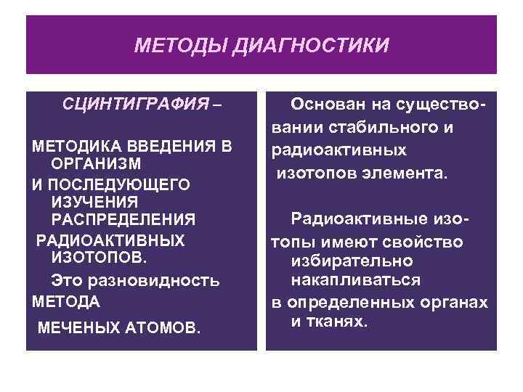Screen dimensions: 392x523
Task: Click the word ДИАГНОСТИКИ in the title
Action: click(312, 46)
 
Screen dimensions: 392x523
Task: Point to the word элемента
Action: click(410, 173)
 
